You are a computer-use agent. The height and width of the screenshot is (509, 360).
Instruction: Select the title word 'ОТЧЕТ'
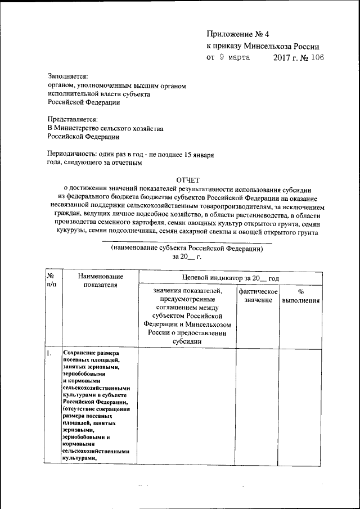188,179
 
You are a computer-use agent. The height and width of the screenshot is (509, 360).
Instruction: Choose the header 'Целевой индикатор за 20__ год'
231,278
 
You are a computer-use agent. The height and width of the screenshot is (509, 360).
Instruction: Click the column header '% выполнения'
301,296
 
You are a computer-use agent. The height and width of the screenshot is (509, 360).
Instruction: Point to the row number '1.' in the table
49,353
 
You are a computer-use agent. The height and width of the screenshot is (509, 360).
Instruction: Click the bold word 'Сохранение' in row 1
82,353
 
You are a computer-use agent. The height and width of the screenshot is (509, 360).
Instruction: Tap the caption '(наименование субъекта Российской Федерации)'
187,247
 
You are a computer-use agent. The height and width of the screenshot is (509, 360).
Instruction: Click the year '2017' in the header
283,57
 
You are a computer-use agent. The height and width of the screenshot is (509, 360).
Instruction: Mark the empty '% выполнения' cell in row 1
301,405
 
